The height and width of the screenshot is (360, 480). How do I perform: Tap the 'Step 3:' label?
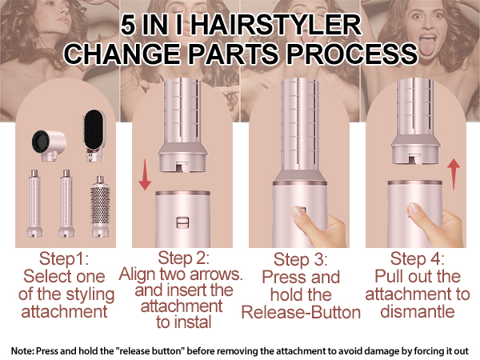point(300,259)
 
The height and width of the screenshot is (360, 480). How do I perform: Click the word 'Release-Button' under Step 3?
point(301,312)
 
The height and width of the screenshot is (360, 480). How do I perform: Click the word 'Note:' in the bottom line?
point(24,350)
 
